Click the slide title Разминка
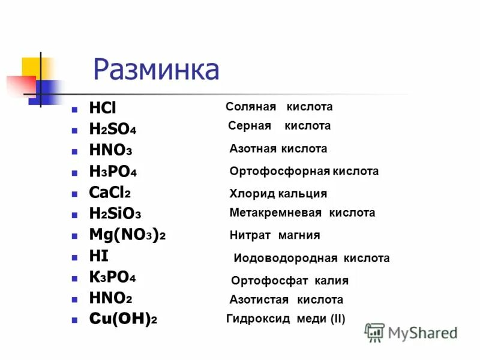[156, 70]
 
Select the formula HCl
[102, 108]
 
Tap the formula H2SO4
[113, 129]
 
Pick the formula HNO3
[110, 150]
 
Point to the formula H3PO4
[113, 172]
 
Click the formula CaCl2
[110, 193]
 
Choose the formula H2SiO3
[115, 214]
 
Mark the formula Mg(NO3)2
[127, 235]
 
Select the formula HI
[98, 256]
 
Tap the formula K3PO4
[112, 278]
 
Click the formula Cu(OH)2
[123, 320]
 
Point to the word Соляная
[251, 107]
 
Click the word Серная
[250, 126]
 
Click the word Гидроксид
[259, 319]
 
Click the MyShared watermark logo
[411, 332]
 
